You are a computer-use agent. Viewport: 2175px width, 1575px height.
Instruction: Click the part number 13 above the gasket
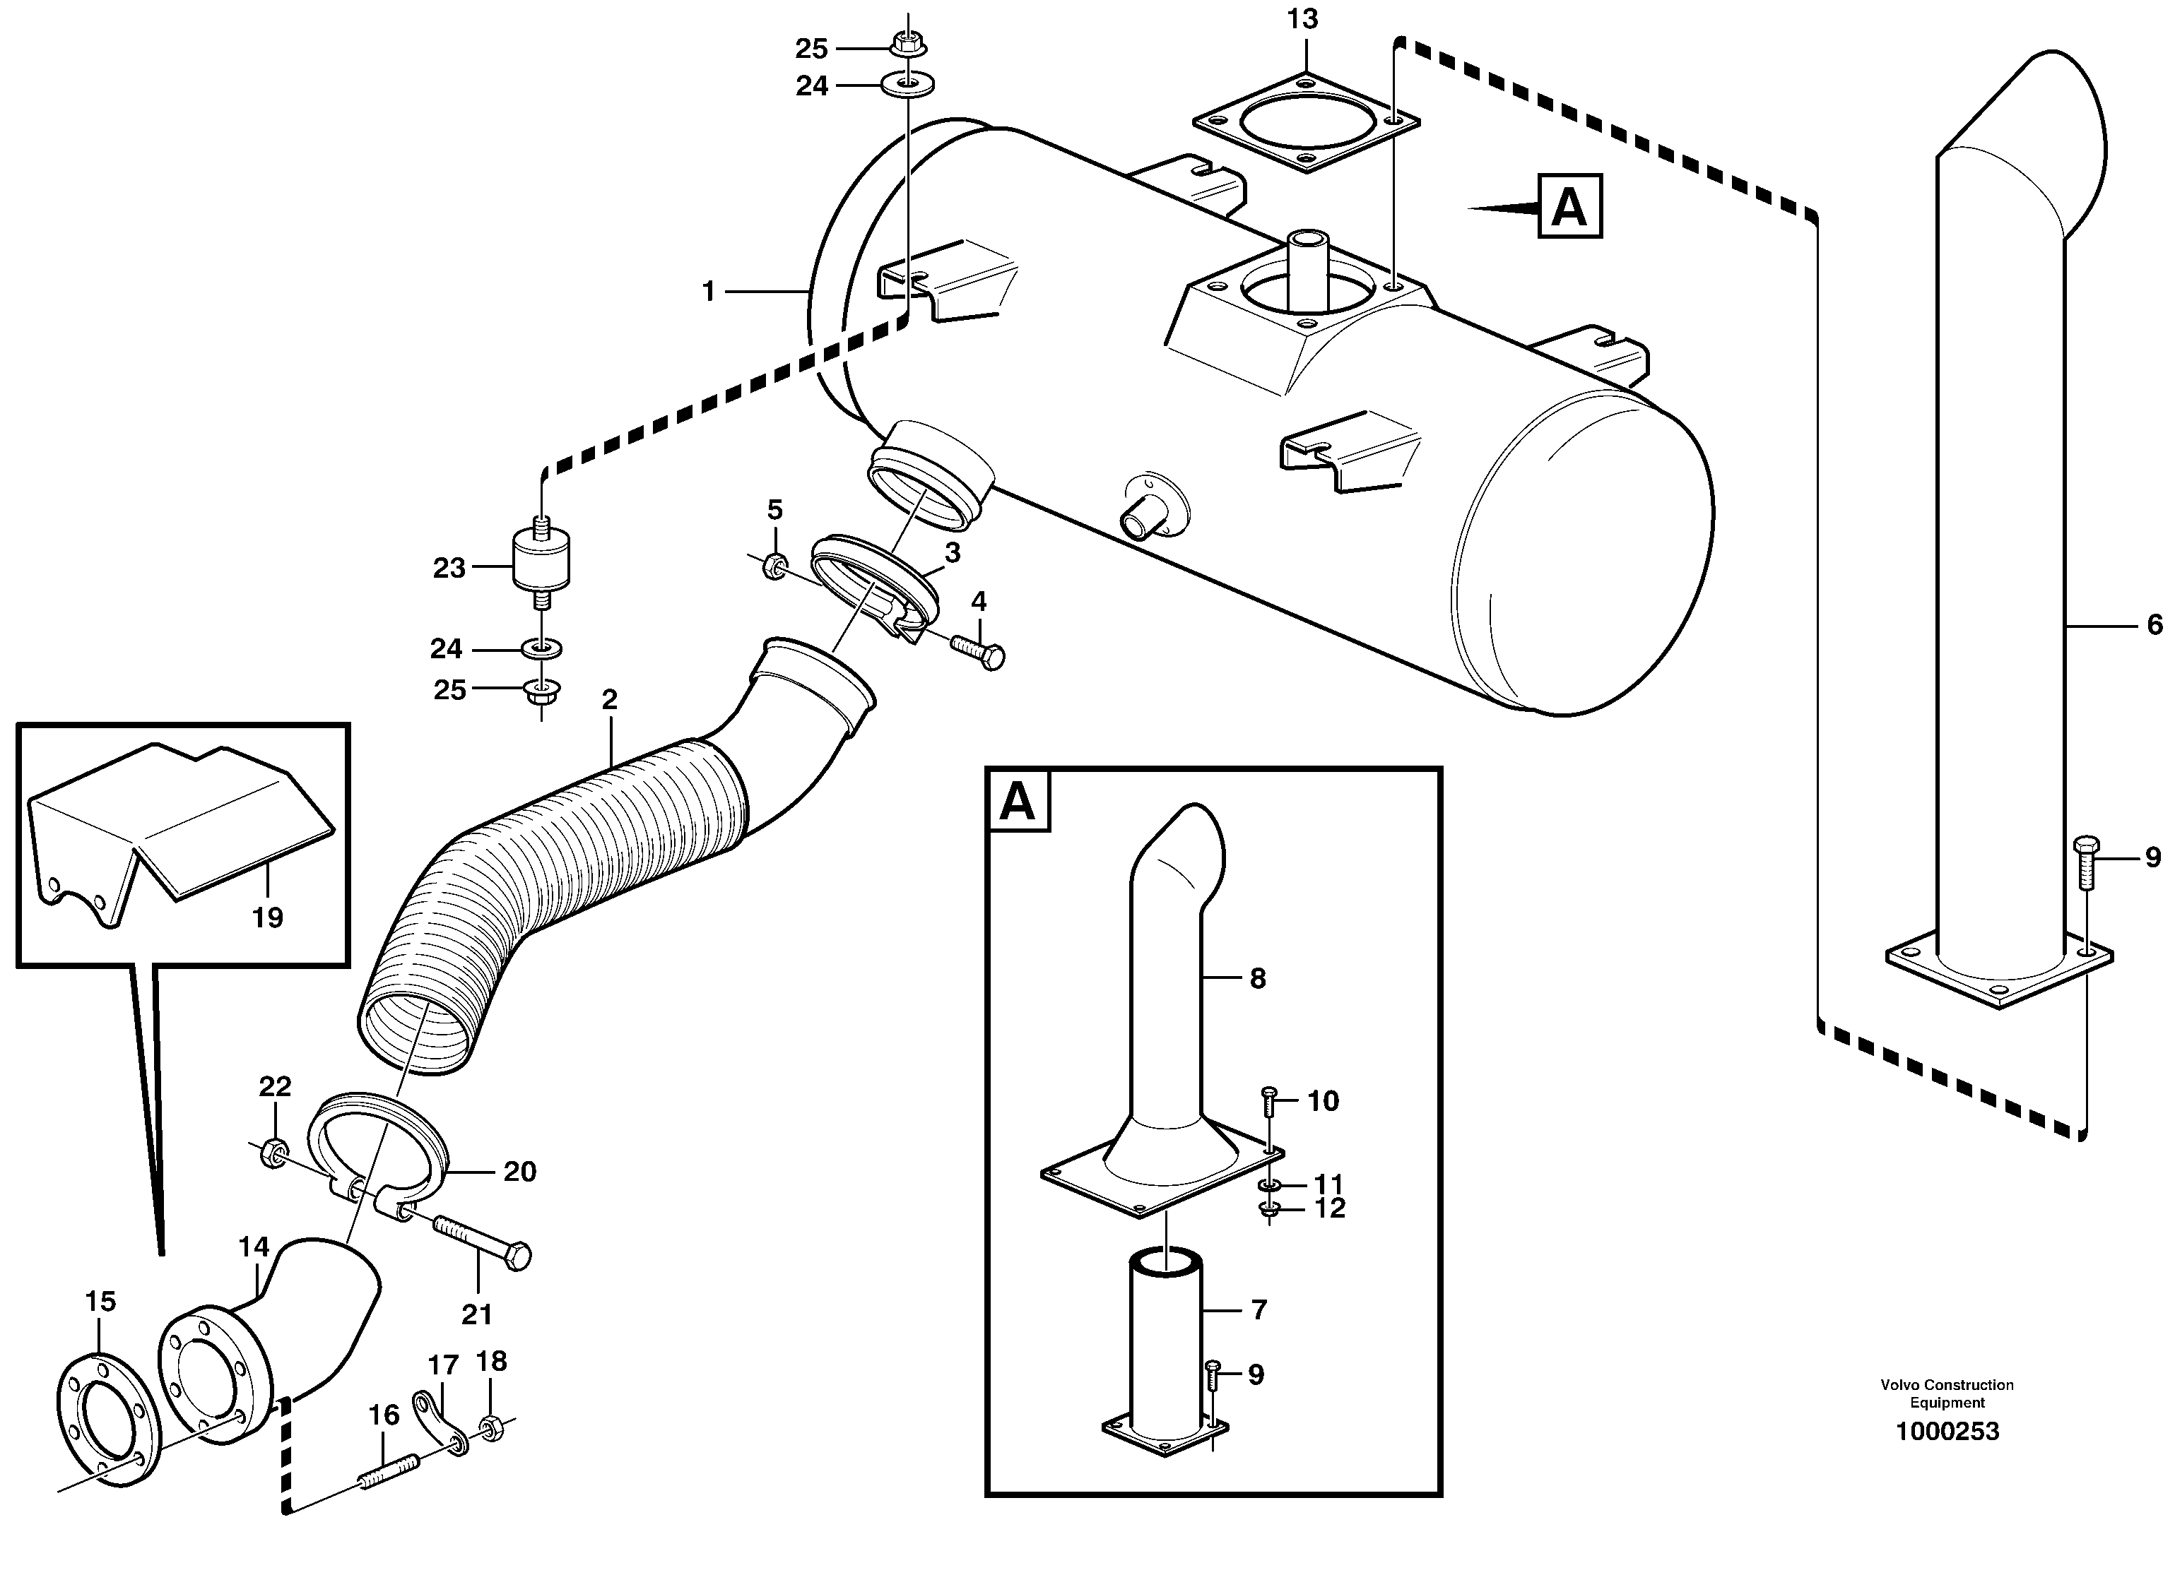pos(1302,19)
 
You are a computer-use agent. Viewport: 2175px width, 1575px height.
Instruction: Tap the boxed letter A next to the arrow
pos(1569,206)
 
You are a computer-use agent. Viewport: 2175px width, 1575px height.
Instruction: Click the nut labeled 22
pos(271,1148)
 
